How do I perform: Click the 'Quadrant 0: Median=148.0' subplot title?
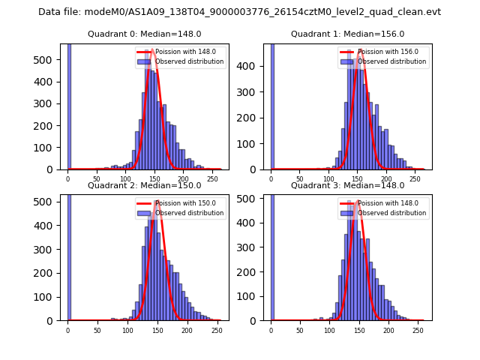click(x=144, y=34)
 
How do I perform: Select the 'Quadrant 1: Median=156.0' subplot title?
click(x=347, y=34)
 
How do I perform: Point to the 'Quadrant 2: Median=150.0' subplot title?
click(x=144, y=185)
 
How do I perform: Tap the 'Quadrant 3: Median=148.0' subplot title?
click(x=347, y=185)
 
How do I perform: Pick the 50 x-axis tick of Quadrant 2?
click(x=97, y=330)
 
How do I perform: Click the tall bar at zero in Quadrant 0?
click(x=69, y=105)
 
